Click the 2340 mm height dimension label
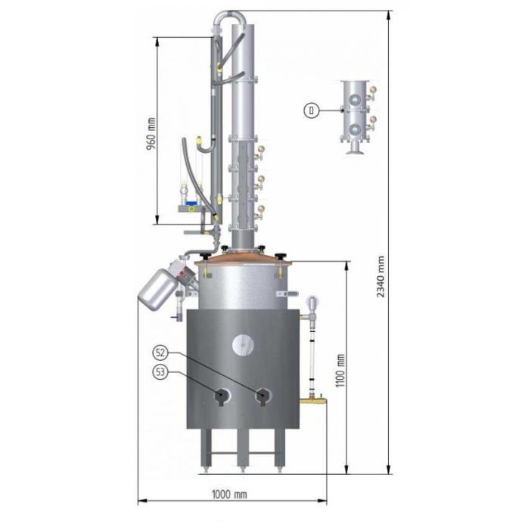[x=381, y=276]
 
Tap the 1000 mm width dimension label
[x=229, y=494]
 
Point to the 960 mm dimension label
[x=151, y=133]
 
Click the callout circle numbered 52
[x=160, y=353]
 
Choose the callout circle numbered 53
[x=160, y=372]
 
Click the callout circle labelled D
[x=311, y=110]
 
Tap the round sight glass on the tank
[x=243, y=344]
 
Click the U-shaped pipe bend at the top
[x=230, y=16]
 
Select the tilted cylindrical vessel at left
[x=157, y=289]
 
